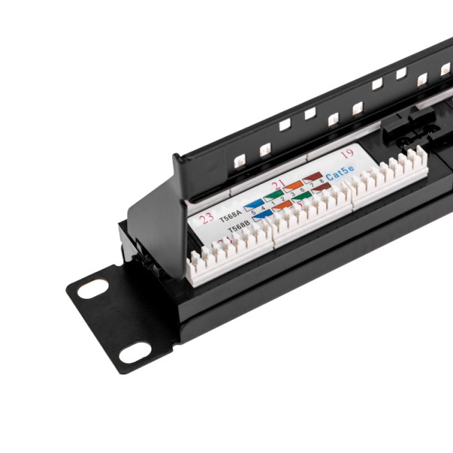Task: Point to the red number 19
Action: click(347, 155)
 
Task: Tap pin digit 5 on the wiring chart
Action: click(254, 212)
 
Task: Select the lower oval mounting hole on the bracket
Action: click(135, 353)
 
